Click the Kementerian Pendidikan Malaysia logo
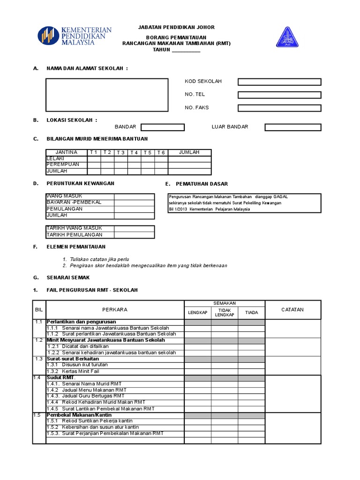click(x=75, y=37)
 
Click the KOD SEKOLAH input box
click(x=279, y=82)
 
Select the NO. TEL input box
click(x=279, y=95)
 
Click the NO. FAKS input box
click(x=279, y=108)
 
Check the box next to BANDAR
click(x=163, y=127)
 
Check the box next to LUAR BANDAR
click(x=293, y=127)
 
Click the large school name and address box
click(x=107, y=95)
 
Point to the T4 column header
click(x=134, y=152)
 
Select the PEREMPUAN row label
click(x=63, y=165)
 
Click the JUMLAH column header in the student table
click(x=189, y=152)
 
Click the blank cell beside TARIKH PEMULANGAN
click(x=134, y=235)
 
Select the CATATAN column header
click(x=292, y=309)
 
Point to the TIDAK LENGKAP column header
click(x=224, y=312)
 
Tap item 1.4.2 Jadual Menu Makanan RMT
click(x=86, y=390)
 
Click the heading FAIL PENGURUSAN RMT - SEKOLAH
click(x=92, y=290)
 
